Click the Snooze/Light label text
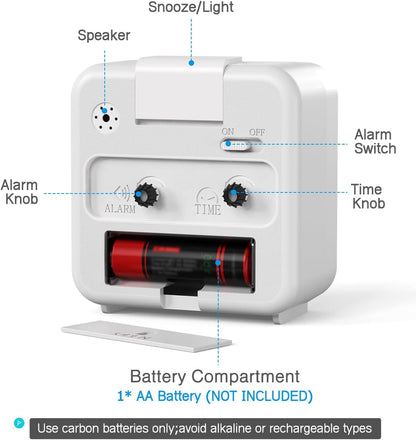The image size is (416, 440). point(191,7)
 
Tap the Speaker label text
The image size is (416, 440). point(104,36)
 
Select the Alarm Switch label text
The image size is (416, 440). point(375,142)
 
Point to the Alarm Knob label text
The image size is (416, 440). point(20,192)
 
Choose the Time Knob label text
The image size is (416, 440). point(368,196)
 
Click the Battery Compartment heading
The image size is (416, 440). point(215,377)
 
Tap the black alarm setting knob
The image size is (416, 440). point(147,195)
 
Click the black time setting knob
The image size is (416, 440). point(235,195)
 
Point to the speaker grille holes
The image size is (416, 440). point(106,118)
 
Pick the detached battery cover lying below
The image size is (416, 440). point(147,336)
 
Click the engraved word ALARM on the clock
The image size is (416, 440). point(120,209)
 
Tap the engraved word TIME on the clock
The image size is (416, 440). point(208,210)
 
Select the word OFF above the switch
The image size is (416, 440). point(257,132)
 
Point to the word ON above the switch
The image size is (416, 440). point(228,132)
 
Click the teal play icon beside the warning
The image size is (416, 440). point(19,423)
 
